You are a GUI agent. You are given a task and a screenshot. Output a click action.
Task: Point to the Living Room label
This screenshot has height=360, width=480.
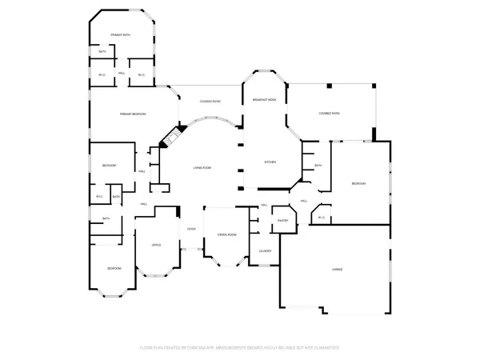[201, 167]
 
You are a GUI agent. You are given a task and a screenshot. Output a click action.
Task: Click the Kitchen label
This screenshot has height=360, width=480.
[270, 162]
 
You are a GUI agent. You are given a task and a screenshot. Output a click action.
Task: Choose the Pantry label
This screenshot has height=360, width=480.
[282, 219]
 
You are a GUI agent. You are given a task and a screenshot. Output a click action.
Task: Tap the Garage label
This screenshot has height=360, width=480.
[338, 270]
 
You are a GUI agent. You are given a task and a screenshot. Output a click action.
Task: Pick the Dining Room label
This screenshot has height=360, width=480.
[226, 234]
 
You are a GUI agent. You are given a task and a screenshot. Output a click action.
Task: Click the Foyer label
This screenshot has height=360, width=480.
[192, 229]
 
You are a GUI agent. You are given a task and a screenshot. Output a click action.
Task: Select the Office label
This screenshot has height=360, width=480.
[157, 244]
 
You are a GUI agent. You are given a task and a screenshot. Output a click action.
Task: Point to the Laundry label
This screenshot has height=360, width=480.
[265, 250]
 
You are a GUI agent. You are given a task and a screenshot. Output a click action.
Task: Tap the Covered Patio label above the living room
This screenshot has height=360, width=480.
[210, 102]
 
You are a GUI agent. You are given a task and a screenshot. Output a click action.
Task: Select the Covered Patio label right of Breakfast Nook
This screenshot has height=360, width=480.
[329, 114]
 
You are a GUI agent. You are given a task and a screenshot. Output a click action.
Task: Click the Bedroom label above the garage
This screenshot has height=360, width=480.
[358, 184]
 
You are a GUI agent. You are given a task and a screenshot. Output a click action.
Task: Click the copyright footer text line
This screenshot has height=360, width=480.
[240, 348]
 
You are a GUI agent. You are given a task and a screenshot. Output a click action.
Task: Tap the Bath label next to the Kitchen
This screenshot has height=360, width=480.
[318, 166]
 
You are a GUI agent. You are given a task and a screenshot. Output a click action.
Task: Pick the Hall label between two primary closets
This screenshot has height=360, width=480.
[122, 74]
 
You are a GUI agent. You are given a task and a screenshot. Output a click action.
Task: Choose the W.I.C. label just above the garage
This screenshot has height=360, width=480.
[321, 217]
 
